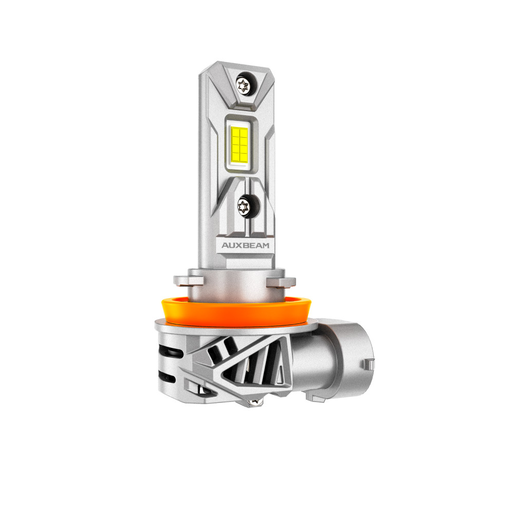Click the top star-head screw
[x=243, y=86]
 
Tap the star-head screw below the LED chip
[x=244, y=207]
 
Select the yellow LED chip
[x=240, y=144]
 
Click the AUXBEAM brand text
[x=245, y=245]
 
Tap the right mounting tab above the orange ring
[x=281, y=282]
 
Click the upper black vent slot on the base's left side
[x=171, y=353]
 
